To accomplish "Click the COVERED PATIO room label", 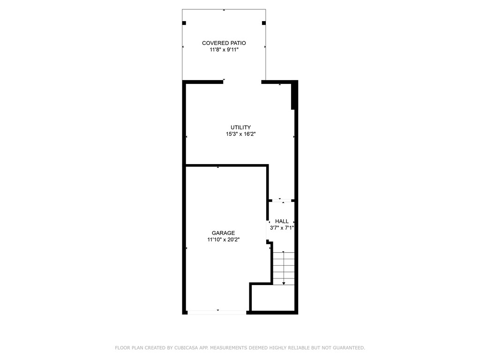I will (x=224, y=43).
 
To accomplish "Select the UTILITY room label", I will (x=240, y=127).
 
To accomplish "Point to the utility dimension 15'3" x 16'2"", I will (x=240, y=134).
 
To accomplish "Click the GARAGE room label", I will (x=223, y=233).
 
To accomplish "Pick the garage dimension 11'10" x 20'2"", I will (x=223, y=240).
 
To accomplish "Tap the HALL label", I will (x=282, y=221).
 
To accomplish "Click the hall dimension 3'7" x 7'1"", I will (x=282, y=228).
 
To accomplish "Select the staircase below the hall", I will (x=284, y=268).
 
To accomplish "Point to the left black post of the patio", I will (x=184, y=23).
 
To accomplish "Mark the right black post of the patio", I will (x=264, y=23).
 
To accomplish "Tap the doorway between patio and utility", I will (x=242, y=82).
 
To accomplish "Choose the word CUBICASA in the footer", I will (x=187, y=348).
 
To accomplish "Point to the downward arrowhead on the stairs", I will (x=284, y=283).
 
